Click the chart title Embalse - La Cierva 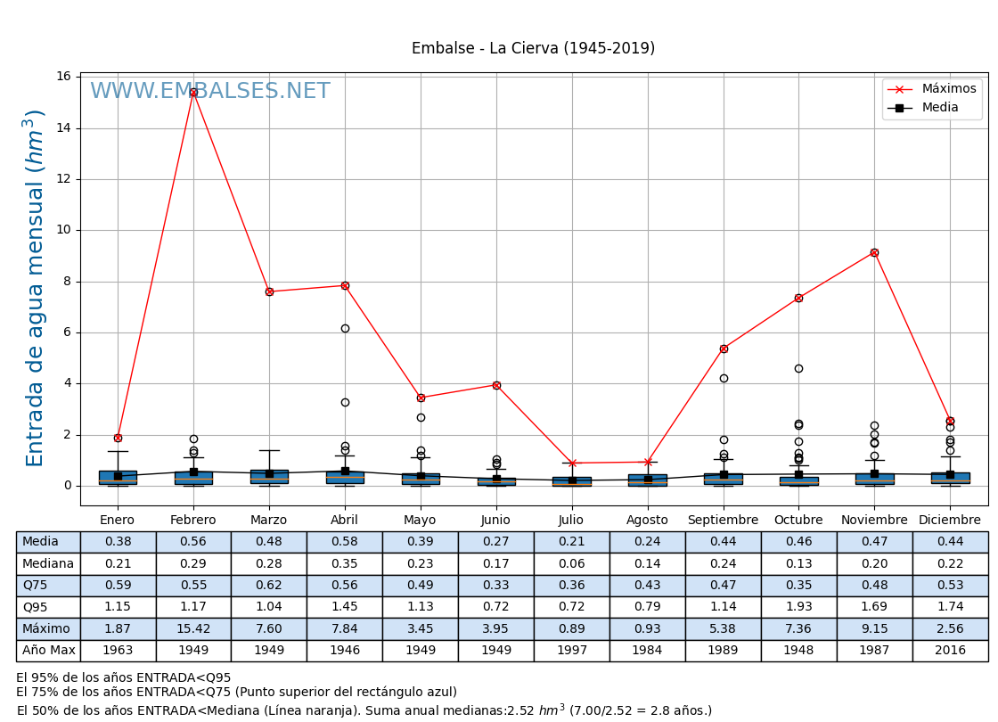(x=533, y=48)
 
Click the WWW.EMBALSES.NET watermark (x=209, y=92)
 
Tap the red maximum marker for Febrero (x=193, y=93)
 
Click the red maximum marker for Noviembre (x=874, y=252)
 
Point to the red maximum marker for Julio (x=572, y=463)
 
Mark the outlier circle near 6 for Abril (x=345, y=328)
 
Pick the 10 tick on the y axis (x=64, y=230)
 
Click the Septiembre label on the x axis (x=723, y=520)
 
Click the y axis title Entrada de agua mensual (x=35, y=288)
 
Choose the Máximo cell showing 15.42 (x=193, y=628)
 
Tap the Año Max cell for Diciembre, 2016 (x=950, y=650)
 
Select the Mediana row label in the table (x=48, y=563)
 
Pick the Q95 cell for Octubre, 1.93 (x=798, y=607)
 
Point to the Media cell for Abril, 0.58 (x=345, y=542)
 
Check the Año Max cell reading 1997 (x=572, y=650)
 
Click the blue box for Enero (x=118, y=478)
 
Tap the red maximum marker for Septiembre (x=724, y=349)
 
